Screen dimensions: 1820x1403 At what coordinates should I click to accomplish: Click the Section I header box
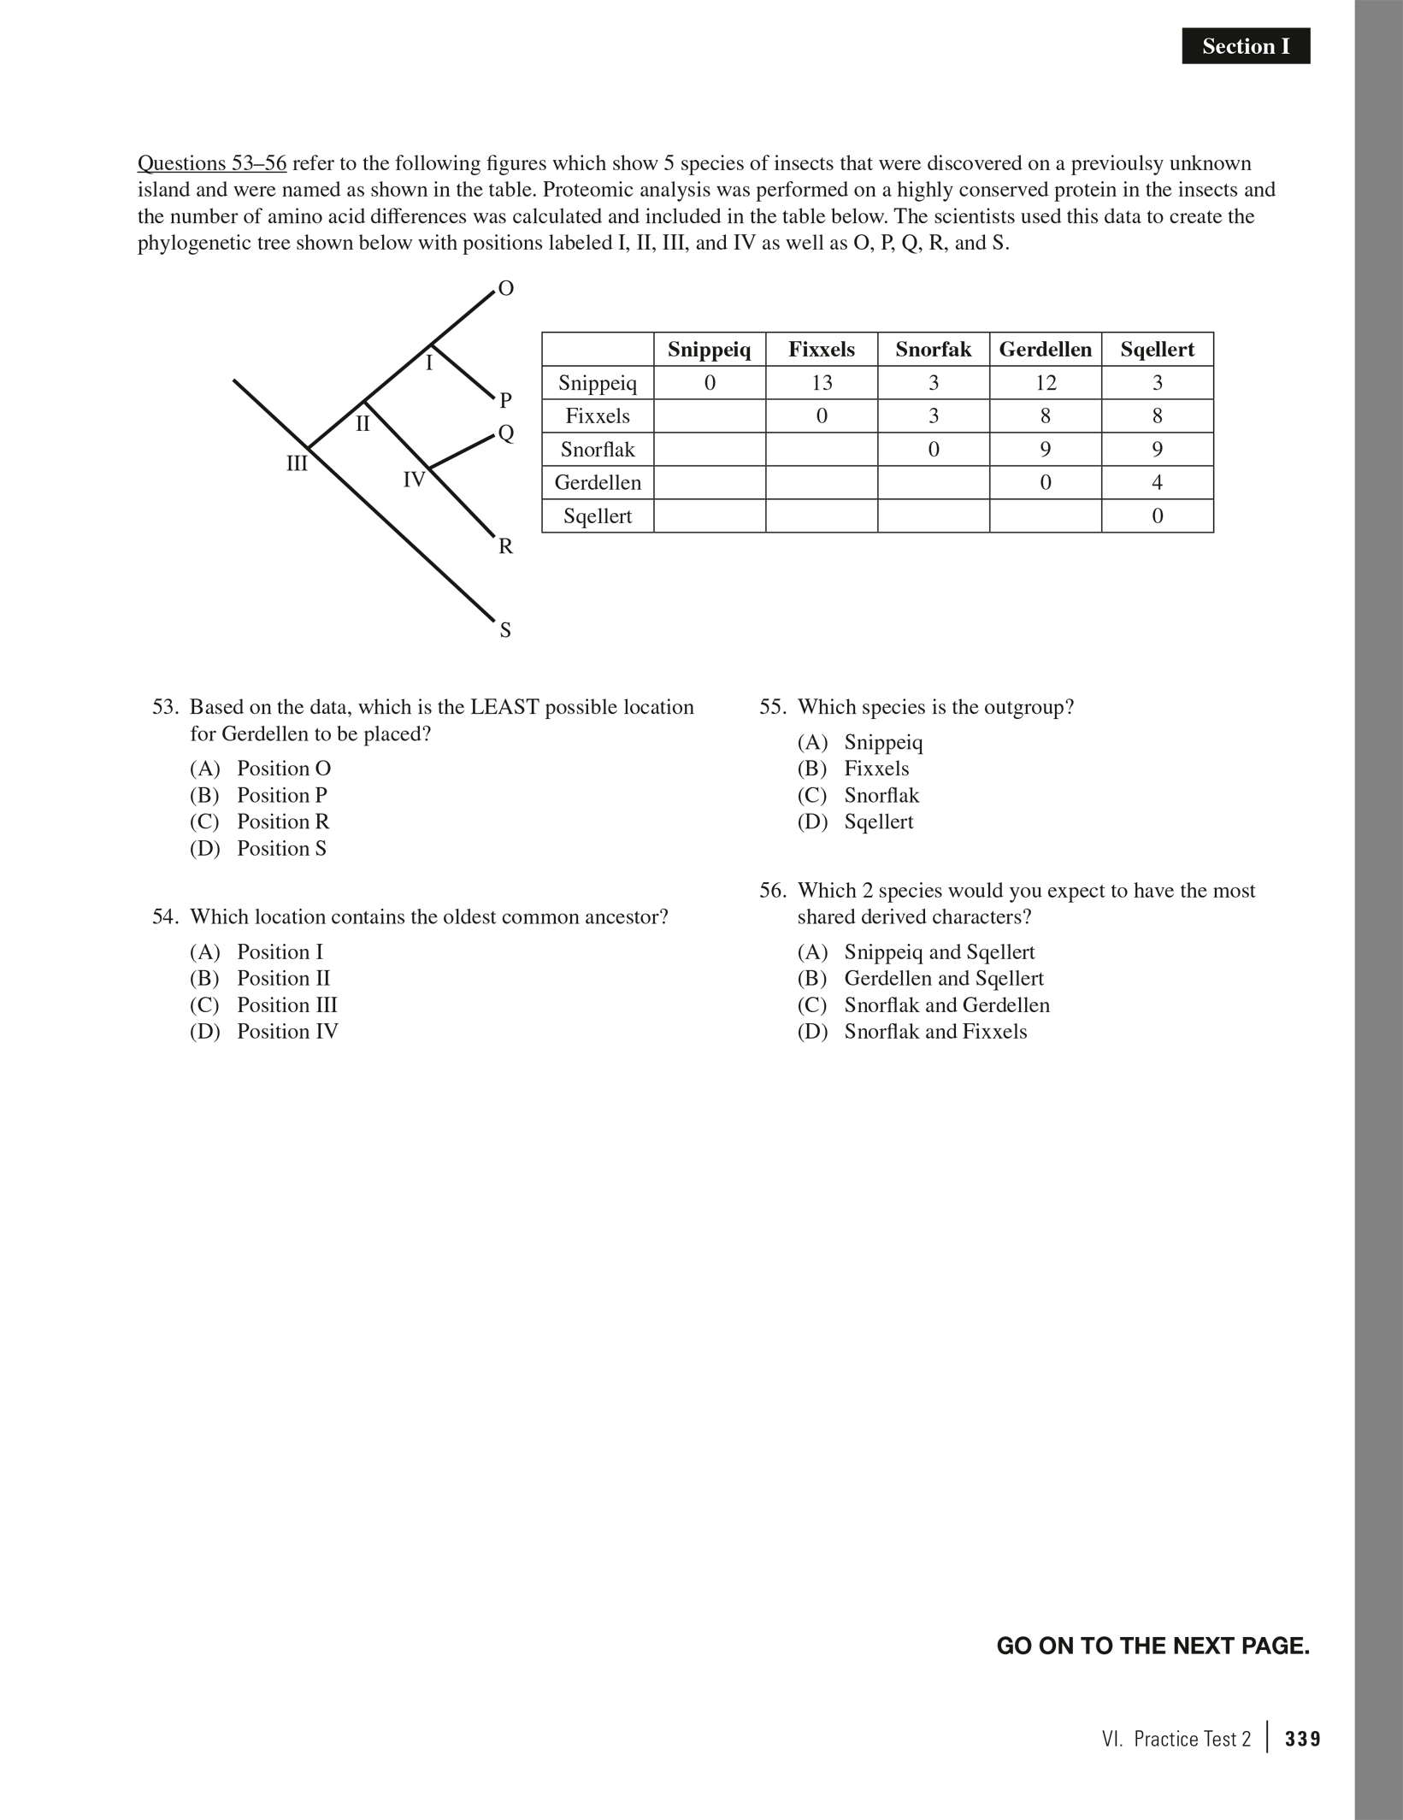[1245, 46]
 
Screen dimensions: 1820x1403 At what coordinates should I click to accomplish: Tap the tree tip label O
[505, 289]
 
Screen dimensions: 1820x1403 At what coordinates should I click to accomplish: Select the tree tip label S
[505, 631]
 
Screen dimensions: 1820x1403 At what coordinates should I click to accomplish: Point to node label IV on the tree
[414, 480]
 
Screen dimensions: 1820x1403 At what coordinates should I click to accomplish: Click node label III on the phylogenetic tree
[297, 464]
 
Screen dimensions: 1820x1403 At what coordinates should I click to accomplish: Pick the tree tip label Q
[506, 433]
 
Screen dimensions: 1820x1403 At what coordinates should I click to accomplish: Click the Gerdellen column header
[1045, 350]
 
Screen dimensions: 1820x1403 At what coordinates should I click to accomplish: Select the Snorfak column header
[933, 350]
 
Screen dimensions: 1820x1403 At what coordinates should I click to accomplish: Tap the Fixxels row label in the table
[598, 416]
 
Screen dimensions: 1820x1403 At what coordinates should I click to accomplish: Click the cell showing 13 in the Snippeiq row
[822, 383]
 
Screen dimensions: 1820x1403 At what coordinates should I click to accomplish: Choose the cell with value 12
[1045, 383]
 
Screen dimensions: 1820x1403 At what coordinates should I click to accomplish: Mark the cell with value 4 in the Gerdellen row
[1157, 483]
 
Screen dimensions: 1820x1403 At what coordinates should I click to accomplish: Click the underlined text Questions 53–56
[212, 163]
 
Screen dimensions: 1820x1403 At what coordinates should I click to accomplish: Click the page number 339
[1302, 1739]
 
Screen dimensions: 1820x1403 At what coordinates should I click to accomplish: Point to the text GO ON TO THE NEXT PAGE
[1152, 1646]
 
